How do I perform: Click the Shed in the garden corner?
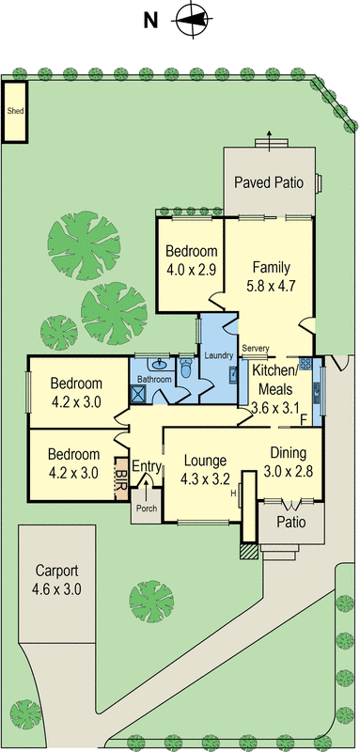pos(15,111)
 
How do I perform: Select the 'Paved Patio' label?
pos(269,182)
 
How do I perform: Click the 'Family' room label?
pos(269,266)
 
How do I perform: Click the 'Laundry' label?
pos(218,355)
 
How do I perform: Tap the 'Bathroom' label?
pos(154,379)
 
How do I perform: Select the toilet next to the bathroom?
pos(185,372)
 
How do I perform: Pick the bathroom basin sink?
pos(161,363)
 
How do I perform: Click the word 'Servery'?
pos(255,349)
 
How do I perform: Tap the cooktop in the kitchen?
pos(305,365)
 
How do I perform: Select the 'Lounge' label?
pos(204,461)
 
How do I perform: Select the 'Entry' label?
pos(147,466)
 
